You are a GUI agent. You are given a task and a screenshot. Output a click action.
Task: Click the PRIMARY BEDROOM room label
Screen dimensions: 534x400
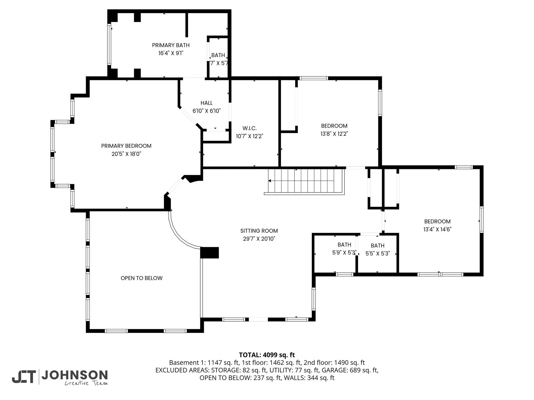(126, 146)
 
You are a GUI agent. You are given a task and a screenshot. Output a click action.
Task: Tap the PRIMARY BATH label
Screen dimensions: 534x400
(171, 45)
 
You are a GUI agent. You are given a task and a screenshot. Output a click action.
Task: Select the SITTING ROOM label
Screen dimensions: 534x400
(259, 231)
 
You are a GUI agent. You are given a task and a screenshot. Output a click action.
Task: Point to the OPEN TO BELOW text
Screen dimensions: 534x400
(142, 278)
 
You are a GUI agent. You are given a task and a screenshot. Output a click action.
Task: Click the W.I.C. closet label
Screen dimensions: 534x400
(250, 128)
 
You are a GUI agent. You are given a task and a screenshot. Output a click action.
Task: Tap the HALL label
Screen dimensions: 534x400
(207, 103)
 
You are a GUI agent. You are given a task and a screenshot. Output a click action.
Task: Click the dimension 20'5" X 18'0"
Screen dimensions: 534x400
(126, 154)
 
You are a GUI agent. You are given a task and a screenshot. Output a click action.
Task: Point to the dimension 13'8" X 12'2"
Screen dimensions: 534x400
(334, 134)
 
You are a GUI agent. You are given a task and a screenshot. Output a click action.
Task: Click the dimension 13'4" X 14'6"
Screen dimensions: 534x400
(437, 229)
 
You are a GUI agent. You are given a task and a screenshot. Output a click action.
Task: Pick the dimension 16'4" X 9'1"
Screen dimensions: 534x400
(171, 53)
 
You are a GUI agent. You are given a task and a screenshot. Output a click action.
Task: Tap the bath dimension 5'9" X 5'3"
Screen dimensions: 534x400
(344, 253)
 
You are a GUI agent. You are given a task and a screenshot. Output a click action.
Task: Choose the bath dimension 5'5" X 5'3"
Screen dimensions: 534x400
(378, 254)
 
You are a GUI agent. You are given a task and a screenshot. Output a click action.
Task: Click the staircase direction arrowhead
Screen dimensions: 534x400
(270, 181)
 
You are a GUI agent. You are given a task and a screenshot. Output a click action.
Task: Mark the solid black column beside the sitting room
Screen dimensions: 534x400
(209, 253)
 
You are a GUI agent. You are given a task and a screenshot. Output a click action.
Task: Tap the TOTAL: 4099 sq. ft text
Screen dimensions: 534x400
(267, 355)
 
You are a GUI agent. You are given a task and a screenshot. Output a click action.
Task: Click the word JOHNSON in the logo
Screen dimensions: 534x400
(75, 375)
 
